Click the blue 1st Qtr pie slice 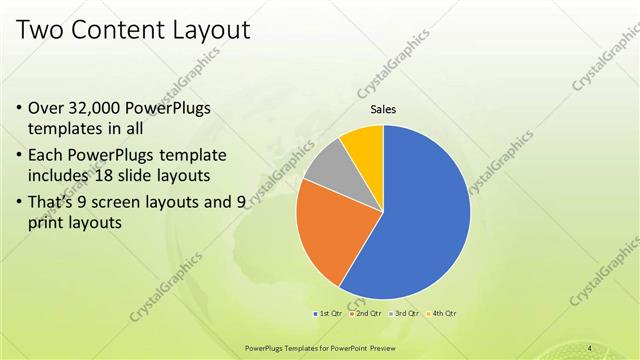(x=420, y=220)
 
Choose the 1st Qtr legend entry (x=330, y=314)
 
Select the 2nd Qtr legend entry (x=367, y=314)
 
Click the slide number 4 (x=590, y=347)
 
